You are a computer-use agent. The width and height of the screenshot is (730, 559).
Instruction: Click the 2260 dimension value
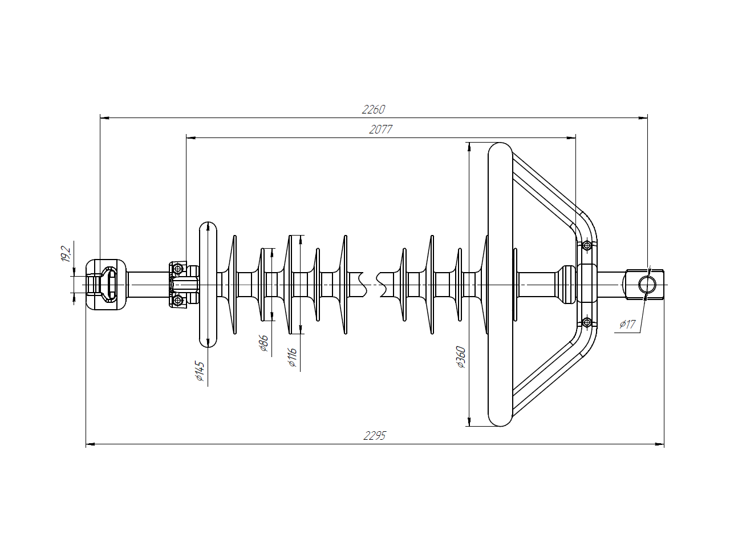point(373,110)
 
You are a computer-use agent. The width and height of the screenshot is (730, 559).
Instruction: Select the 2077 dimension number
point(380,129)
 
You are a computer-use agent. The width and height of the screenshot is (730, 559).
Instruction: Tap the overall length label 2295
point(375,436)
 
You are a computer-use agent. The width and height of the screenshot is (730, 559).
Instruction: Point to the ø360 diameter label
point(461,357)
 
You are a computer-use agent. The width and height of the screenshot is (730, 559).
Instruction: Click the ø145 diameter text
point(200,371)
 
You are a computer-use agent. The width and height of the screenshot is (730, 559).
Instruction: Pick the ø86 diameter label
point(263,343)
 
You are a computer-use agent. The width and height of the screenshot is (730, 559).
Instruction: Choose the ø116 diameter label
point(292,357)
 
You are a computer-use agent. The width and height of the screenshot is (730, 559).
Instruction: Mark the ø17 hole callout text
point(627,324)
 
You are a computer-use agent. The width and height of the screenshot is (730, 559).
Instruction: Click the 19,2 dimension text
point(66,254)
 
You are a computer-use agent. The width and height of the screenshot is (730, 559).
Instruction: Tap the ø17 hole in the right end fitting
point(647,285)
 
